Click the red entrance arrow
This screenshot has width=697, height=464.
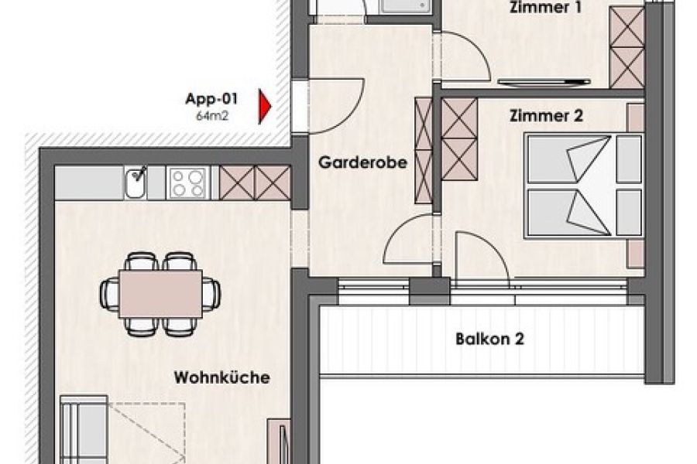click(265, 107)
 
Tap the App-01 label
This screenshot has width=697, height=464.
click(211, 98)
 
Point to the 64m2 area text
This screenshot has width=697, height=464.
click(212, 116)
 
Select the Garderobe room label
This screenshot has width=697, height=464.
click(362, 162)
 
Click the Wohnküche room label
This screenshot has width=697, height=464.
click(221, 377)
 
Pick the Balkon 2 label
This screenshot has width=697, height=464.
click(490, 339)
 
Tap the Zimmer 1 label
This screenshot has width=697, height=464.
click(545, 7)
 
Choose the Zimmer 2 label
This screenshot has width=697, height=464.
click(546, 116)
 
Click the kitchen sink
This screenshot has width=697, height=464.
click(135, 183)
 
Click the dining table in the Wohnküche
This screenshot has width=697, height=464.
click(160, 294)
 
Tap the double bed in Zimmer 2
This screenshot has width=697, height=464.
click(584, 186)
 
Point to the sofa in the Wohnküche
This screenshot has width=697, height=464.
click(84, 429)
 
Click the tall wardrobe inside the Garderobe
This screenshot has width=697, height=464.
click(423, 151)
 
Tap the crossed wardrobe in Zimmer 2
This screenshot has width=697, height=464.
click(459, 139)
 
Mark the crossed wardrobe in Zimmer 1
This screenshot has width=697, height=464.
click(627, 47)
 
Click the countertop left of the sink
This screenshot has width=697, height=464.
click(89, 183)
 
